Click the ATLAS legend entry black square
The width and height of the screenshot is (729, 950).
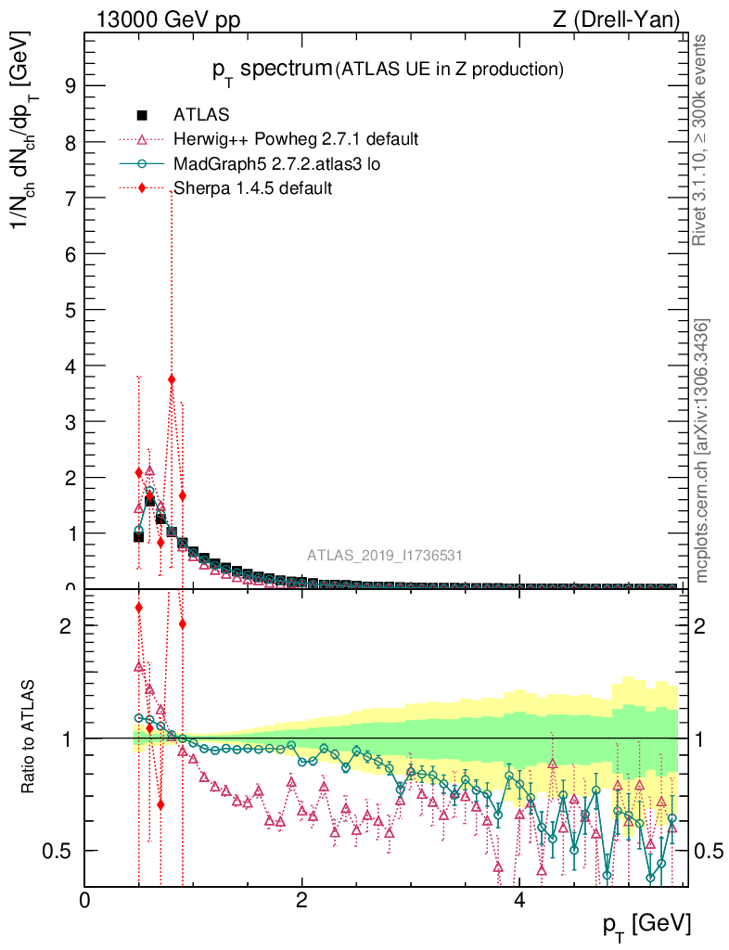[142, 115]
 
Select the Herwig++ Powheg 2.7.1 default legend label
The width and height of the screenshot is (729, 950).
[296, 139]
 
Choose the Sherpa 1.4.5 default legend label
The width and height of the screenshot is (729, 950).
[253, 187]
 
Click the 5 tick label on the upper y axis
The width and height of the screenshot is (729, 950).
[69, 309]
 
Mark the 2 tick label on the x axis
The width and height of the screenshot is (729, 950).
[301, 900]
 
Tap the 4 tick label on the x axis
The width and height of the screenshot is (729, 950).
[519, 900]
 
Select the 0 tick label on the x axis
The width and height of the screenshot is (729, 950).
[84, 900]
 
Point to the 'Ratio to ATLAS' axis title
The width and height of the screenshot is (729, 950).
[29, 738]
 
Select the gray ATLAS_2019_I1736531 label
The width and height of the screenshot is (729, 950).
[385, 556]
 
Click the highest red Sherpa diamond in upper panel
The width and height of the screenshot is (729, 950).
[172, 379]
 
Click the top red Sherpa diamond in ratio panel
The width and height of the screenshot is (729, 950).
[138, 608]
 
